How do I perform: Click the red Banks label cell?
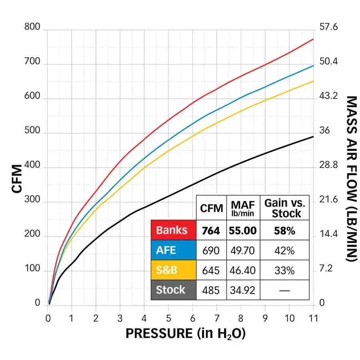click(173, 230)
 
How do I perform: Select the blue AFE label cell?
click(173, 250)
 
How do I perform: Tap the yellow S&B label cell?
click(173, 270)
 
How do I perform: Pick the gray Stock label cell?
click(173, 290)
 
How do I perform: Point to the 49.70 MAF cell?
click(243, 250)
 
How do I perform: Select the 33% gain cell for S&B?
click(284, 270)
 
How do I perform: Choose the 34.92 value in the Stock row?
click(243, 290)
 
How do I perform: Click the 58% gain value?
click(284, 230)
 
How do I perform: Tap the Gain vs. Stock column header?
click(284, 208)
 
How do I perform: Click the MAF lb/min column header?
click(243, 208)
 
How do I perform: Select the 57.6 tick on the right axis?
click(329, 27)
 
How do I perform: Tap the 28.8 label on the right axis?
click(329, 165)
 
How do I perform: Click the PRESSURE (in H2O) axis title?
click(185, 334)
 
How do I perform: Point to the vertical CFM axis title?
click(17, 179)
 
